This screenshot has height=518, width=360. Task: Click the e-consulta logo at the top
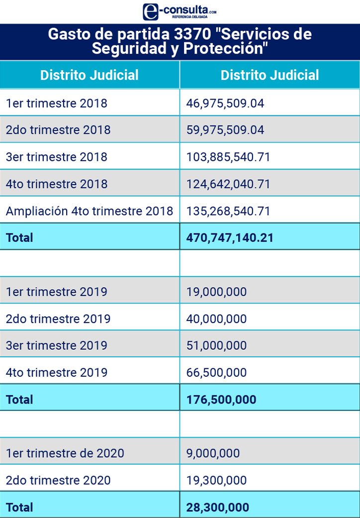click(x=180, y=11)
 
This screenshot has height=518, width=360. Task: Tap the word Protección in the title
click(x=226, y=49)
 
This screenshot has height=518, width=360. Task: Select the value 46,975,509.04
click(x=225, y=103)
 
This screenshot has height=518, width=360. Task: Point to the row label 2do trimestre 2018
click(x=58, y=130)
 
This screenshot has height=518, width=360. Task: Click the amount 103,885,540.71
click(x=228, y=157)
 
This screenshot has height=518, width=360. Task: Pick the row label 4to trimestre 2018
click(x=57, y=184)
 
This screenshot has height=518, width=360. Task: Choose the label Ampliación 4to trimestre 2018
click(x=90, y=210)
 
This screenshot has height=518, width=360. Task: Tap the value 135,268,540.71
click(x=228, y=210)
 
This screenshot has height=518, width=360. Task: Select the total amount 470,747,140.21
click(x=230, y=237)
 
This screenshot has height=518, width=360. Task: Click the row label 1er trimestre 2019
click(x=57, y=292)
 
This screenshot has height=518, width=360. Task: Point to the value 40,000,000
click(x=216, y=318)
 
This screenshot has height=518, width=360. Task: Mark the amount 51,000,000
click(x=216, y=345)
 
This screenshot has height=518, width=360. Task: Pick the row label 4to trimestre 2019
click(x=57, y=372)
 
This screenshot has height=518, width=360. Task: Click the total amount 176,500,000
click(x=221, y=399)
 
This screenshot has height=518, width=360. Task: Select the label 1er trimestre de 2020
click(x=65, y=453)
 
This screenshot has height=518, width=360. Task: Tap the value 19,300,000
click(x=216, y=480)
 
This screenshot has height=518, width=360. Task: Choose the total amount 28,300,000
click(x=218, y=507)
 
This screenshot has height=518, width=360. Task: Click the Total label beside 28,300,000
click(x=19, y=507)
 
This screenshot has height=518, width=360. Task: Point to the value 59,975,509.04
click(x=225, y=130)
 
